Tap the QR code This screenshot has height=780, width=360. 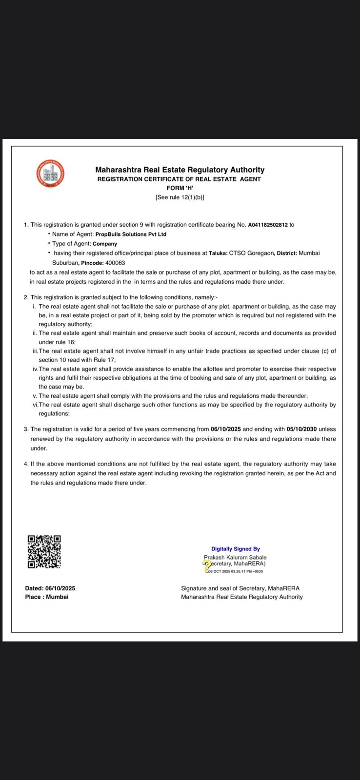44,551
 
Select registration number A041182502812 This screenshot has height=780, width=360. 268,225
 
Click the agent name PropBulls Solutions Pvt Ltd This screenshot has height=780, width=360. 131,234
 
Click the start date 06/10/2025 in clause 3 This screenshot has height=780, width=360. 225,429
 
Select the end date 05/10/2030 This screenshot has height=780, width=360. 302,429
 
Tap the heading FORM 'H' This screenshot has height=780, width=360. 180,188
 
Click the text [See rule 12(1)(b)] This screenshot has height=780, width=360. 180,197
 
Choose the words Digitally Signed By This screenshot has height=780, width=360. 235,549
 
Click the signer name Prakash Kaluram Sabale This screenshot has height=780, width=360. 235,557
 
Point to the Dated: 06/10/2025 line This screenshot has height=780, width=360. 50,588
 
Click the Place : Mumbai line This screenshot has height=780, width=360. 47,597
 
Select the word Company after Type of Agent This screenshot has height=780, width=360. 105,244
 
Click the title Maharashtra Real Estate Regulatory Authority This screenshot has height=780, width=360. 180,170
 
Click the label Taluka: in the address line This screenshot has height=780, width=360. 218,253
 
